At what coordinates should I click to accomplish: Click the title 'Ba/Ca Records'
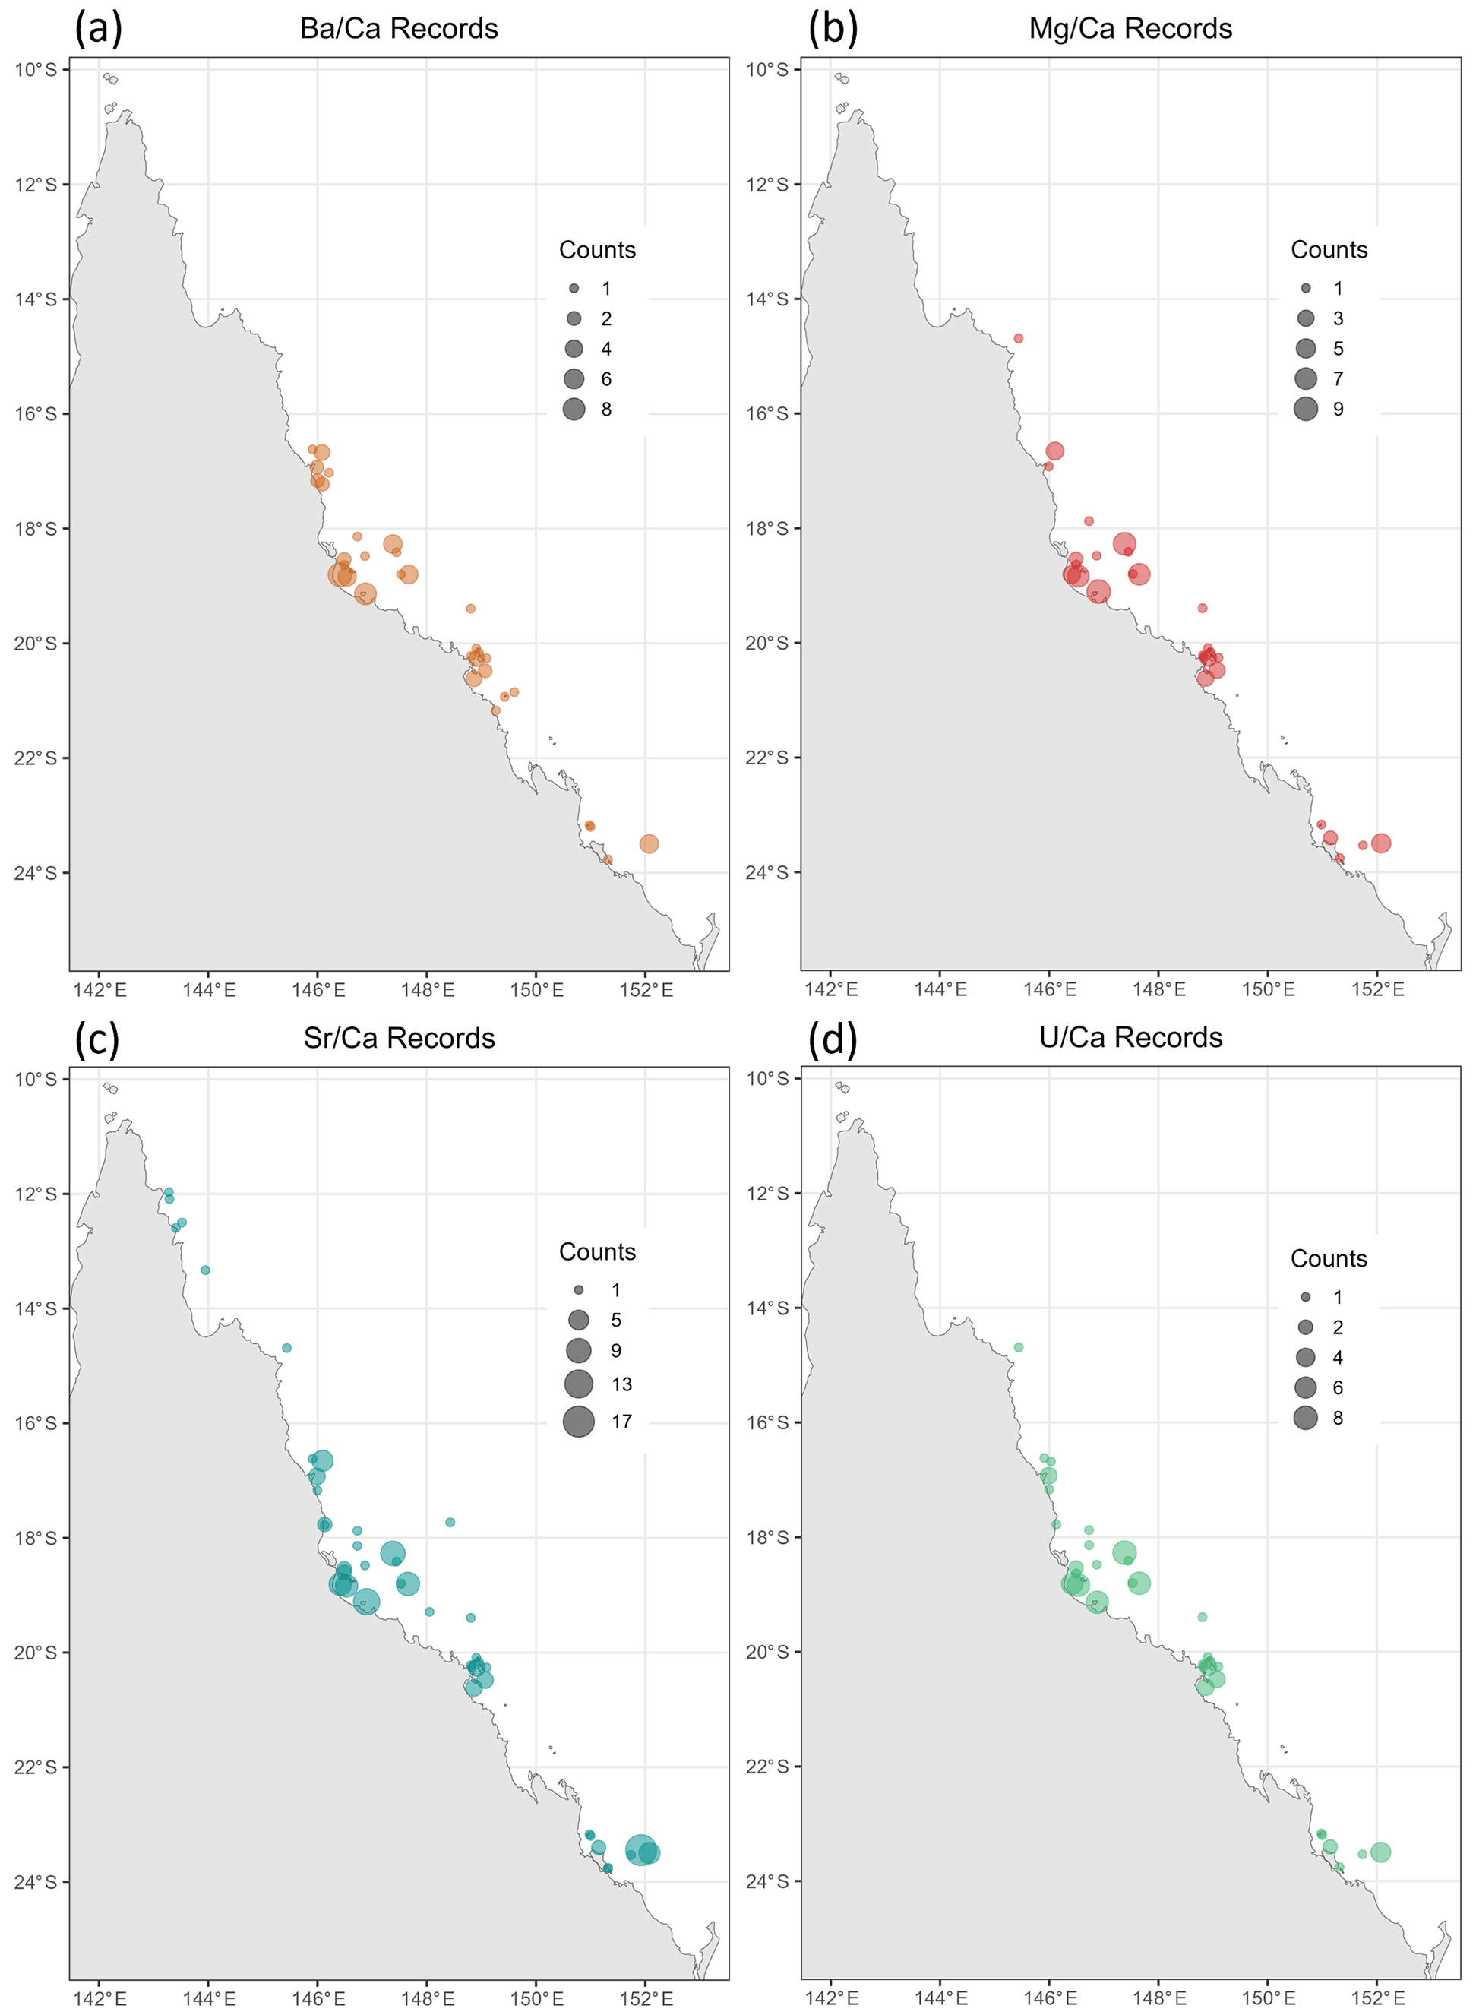pyautogui.click(x=399, y=29)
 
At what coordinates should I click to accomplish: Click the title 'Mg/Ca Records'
pyautogui.click(x=1130, y=29)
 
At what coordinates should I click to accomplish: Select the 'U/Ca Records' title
pyautogui.click(x=1130, y=1036)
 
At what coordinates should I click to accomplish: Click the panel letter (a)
pyautogui.click(x=97, y=29)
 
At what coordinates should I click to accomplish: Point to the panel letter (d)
pyautogui.click(x=832, y=1039)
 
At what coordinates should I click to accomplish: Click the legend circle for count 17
pyautogui.click(x=578, y=1421)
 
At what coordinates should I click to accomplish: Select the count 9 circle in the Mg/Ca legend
pyautogui.click(x=1305, y=408)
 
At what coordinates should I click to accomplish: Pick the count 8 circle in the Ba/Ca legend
pyautogui.click(x=574, y=410)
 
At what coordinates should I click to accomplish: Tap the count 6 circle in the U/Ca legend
pyautogui.click(x=1305, y=1387)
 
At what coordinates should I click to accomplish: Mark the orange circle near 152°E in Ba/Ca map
pyautogui.click(x=649, y=843)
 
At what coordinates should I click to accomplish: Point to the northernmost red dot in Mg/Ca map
pyautogui.click(x=1018, y=339)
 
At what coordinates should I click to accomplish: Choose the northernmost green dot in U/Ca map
pyautogui.click(x=1018, y=1346)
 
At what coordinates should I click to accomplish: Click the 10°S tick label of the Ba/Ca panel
pyautogui.click(x=36, y=70)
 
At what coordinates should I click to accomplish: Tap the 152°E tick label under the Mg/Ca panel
pyautogui.click(x=1376, y=989)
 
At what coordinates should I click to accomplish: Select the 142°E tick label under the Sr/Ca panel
pyautogui.click(x=100, y=1998)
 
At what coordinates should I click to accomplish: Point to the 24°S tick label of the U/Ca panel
pyautogui.click(x=767, y=1881)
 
